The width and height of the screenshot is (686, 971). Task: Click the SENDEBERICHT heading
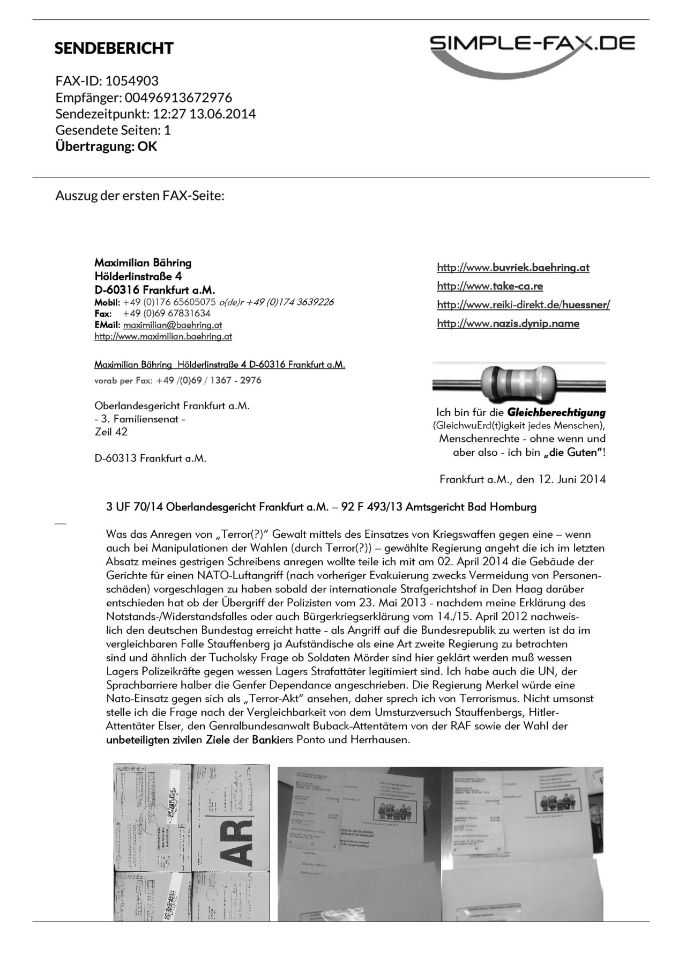pyautogui.click(x=114, y=48)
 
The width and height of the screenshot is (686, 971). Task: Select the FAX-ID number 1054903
pyautogui.click(x=132, y=81)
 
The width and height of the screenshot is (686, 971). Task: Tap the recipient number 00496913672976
pyautogui.click(x=178, y=98)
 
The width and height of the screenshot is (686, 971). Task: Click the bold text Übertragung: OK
pyautogui.click(x=106, y=147)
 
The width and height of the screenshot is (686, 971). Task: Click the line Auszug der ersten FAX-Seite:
pyautogui.click(x=139, y=195)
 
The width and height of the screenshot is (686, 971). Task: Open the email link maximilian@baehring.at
pyautogui.click(x=173, y=325)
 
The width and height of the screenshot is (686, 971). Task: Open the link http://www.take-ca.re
pyautogui.click(x=490, y=286)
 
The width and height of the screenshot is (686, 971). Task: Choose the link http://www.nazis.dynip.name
pyautogui.click(x=508, y=323)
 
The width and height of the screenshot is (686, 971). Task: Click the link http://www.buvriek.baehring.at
pyautogui.click(x=513, y=268)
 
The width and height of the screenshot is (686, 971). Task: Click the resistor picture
pyautogui.click(x=519, y=383)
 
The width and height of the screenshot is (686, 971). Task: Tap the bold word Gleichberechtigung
pyautogui.click(x=556, y=413)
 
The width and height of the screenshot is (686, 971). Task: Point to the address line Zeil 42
pyautogui.click(x=111, y=432)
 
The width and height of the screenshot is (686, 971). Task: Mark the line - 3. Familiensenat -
pyautogui.click(x=140, y=419)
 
